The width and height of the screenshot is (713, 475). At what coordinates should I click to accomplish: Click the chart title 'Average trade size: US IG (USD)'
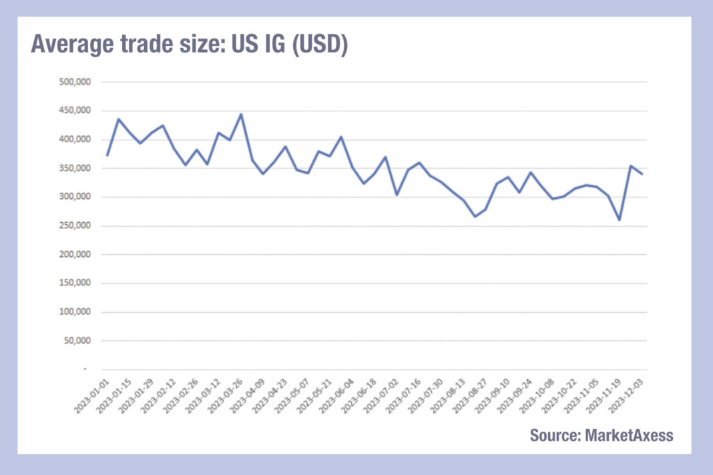point(189,45)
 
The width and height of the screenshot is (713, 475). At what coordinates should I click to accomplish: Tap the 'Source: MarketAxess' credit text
point(602,435)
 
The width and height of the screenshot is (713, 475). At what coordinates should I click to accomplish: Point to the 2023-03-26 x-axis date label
point(224,394)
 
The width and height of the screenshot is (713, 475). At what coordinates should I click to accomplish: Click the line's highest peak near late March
point(241,114)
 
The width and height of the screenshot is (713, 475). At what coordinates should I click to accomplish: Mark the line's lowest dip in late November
point(620,219)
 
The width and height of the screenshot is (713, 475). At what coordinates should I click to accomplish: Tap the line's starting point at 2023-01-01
point(107,155)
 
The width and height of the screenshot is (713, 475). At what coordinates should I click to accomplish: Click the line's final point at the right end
point(642,174)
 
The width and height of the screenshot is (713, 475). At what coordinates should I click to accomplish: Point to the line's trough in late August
point(475,216)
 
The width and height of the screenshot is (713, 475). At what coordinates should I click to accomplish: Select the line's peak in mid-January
point(118,119)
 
